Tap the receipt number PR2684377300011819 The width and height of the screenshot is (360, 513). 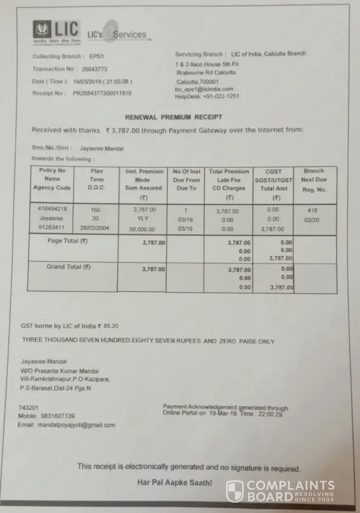tap(102, 93)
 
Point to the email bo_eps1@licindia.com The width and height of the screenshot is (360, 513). tap(204, 89)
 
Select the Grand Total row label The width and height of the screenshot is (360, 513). tap(69, 267)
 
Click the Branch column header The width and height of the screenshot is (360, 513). tap(313, 171)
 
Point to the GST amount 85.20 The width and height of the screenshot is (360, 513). tap(111, 326)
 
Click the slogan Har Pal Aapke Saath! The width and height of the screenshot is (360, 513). tap(174, 483)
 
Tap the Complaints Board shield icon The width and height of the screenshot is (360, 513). tap(235, 491)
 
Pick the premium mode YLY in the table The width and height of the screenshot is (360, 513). tap(144, 219)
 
